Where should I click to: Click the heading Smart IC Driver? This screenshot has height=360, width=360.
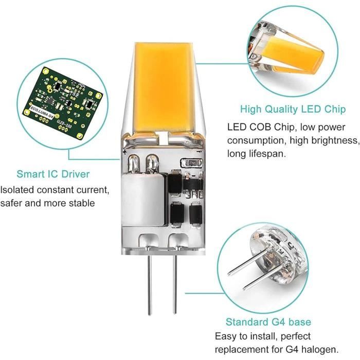tap(53, 174)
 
